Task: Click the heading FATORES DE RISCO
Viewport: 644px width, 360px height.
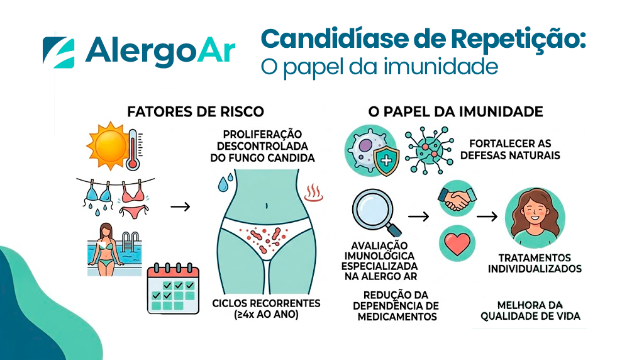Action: coord(196,112)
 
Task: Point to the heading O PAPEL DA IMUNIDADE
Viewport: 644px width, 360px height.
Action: coord(455,112)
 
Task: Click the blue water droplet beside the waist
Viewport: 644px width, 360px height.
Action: coord(224,184)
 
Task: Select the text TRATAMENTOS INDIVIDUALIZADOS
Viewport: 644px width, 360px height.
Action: coord(535,264)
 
